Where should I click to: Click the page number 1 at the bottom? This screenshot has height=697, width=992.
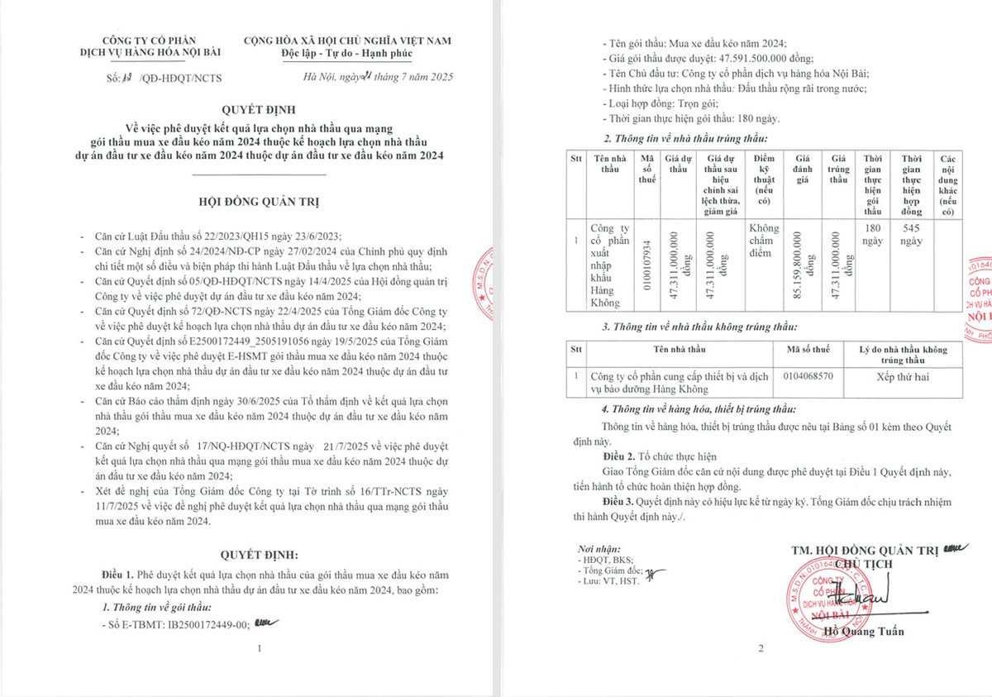coord(260,648)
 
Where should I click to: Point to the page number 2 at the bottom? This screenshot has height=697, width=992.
coord(761,648)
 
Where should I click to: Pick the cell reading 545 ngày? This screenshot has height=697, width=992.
coord(912,234)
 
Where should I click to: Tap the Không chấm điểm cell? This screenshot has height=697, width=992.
coord(764,240)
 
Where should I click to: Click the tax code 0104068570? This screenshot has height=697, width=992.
coord(807,375)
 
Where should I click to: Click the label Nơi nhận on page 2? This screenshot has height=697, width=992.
coord(598,549)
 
